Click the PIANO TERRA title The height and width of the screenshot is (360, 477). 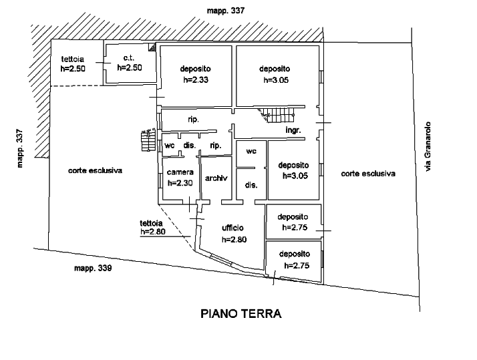pos(241,314)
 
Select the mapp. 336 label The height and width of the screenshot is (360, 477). pos(92,268)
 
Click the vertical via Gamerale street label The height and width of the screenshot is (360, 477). pos(430,146)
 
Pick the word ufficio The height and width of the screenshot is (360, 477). pos(232,228)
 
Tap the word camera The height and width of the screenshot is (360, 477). pos(180,172)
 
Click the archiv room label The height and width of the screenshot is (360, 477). pos(216,178)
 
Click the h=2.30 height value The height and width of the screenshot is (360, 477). pos(180,182)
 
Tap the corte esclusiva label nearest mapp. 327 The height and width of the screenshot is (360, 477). pos(96,171)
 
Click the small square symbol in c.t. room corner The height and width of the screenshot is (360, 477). pos(153,48)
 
